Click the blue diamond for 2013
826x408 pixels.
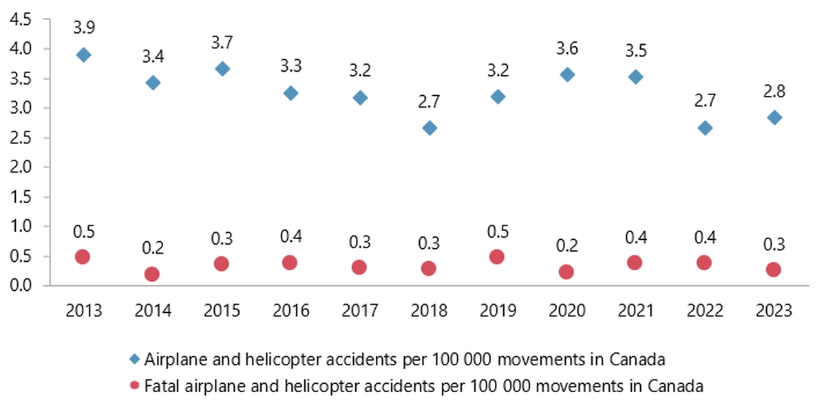click(83, 55)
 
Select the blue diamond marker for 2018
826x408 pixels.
click(429, 127)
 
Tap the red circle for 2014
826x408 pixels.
click(152, 274)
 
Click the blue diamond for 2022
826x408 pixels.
click(705, 127)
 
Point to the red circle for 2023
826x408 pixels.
click(774, 269)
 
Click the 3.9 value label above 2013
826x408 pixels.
click(83, 28)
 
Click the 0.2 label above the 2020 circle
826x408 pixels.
click(567, 246)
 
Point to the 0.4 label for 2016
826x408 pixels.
click(290, 236)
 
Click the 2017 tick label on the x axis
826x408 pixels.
click(359, 311)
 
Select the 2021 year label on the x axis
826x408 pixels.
click(636, 311)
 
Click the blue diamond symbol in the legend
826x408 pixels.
click(135, 358)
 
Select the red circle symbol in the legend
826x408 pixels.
click(135, 386)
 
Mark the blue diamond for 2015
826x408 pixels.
click(222, 69)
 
